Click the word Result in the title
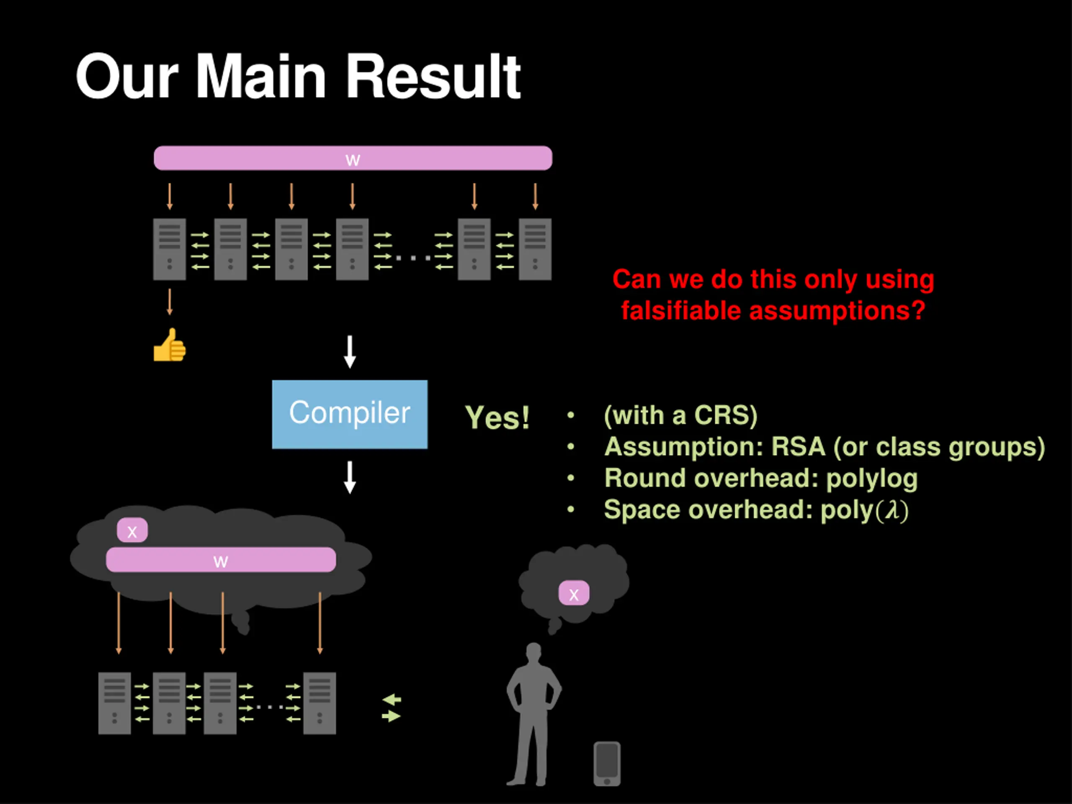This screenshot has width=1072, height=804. (x=433, y=77)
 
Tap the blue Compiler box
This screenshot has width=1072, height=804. (x=350, y=415)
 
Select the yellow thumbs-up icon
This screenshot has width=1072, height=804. (x=170, y=345)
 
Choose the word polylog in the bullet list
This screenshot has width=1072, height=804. (x=872, y=479)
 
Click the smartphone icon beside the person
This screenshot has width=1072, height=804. (x=607, y=764)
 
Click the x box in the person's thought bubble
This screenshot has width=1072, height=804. (x=574, y=593)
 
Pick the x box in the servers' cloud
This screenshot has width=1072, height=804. (x=132, y=530)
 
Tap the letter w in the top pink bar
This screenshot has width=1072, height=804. (x=353, y=160)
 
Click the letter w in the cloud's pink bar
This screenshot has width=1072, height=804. (x=221, y=561)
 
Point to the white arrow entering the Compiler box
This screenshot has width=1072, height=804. (x=350, y=352)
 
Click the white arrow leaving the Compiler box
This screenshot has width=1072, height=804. (x=350, y=477)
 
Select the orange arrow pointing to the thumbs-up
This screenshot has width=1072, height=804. (x=170, y=302)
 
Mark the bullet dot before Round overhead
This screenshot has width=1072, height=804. (x=571, y=478)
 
